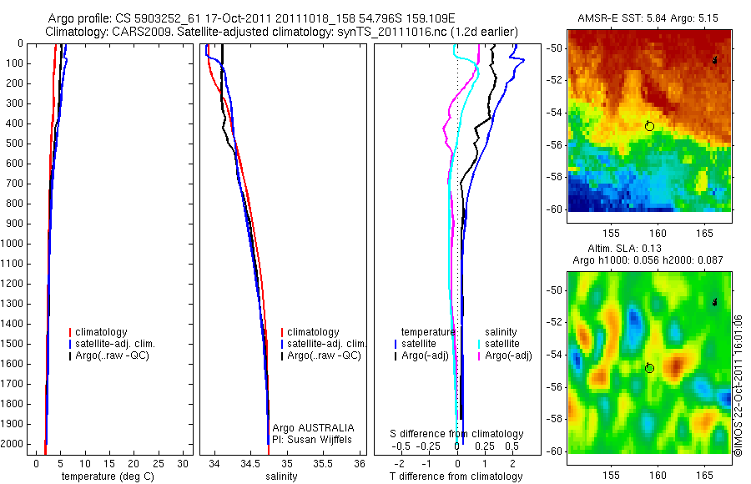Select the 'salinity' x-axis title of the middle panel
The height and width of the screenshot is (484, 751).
coord(283,476)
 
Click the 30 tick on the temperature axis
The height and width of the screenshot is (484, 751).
coord(184,464)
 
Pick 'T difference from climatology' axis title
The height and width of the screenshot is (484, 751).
coord(456,476)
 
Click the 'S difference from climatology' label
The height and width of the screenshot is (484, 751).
coord(457,434)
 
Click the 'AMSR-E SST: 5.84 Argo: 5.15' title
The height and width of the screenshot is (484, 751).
coord(648,18)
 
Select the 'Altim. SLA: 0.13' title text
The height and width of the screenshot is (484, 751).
coord(648,249)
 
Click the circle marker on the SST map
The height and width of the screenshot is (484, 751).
coord(649,125)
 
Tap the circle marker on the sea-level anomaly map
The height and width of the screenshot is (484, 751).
coord(649,367)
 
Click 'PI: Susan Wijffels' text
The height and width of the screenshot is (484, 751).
coord(313,438)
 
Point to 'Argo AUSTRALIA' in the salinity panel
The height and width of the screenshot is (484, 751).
coord(313,427)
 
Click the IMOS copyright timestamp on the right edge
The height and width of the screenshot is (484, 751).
coord(738,386)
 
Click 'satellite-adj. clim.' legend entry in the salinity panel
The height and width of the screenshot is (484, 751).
coord(326,344)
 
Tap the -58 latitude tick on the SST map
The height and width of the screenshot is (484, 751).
coord(556,177)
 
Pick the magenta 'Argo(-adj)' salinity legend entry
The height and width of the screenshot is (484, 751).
coord(508,355)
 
